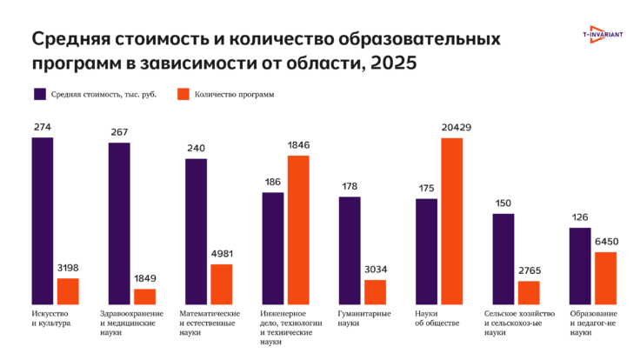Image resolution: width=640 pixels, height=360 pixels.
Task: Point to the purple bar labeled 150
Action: tap(503, 257)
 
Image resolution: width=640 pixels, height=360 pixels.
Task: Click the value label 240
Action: tap(197, 149)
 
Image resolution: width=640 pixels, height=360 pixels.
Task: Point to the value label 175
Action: tap(426, 189)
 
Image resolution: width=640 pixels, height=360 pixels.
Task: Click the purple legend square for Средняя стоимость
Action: tap(39, 93)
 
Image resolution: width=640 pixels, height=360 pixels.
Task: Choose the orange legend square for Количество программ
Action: tap(183, 93)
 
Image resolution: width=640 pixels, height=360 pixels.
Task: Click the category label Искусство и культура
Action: tap(50, 317)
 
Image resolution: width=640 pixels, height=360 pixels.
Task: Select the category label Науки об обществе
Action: tap(437, 317)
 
